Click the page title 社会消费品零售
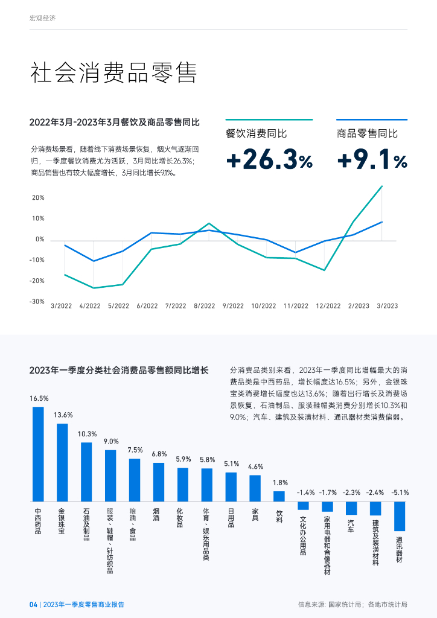[x=113, y=73]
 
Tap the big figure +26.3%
[x=269, y=160]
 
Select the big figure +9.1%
[x=372, y=160]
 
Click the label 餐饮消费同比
[x=256, y=133]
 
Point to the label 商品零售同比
[x=367, y=133]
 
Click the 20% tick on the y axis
[x=38, y=198]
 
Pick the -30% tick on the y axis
[x=37, y=301]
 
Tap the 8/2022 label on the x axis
[x=205, y=306]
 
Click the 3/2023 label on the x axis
[x=388, y=306]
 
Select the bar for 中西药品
[x=38, y=454]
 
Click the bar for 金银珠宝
[x=62, y=462]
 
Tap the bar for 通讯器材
[x=400, y=516]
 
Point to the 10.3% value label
[x=87, y=434]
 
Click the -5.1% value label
[x=400, y=493]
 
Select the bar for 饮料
[x=279, y=496]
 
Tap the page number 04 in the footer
[x=33, y=604]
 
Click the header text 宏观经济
[x=42, y=19]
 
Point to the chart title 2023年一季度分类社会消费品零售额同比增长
[x=119, y=370]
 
